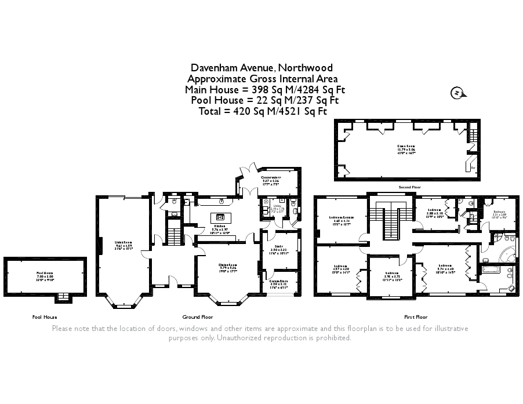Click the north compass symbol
click(x=458, y=93)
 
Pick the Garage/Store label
click(x=280, y=282)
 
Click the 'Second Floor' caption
click(x=409, y=188)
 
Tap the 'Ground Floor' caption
click(x=198, y=317)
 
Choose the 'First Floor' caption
click(x=415, y=317)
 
